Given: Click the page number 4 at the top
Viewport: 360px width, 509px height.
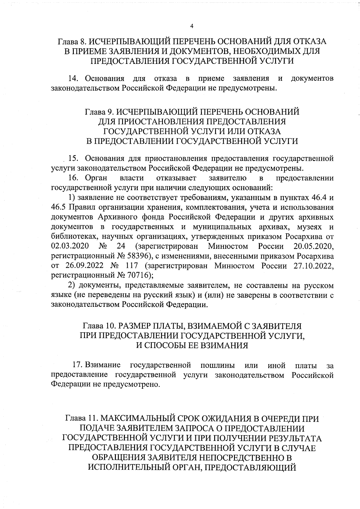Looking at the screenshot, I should coord(192,26).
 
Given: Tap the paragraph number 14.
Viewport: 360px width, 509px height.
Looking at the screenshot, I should coord(73,79).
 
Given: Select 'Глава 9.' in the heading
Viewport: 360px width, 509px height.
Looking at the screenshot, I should coord(99,112).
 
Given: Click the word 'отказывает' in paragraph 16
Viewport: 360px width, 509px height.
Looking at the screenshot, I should coord(176,178).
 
